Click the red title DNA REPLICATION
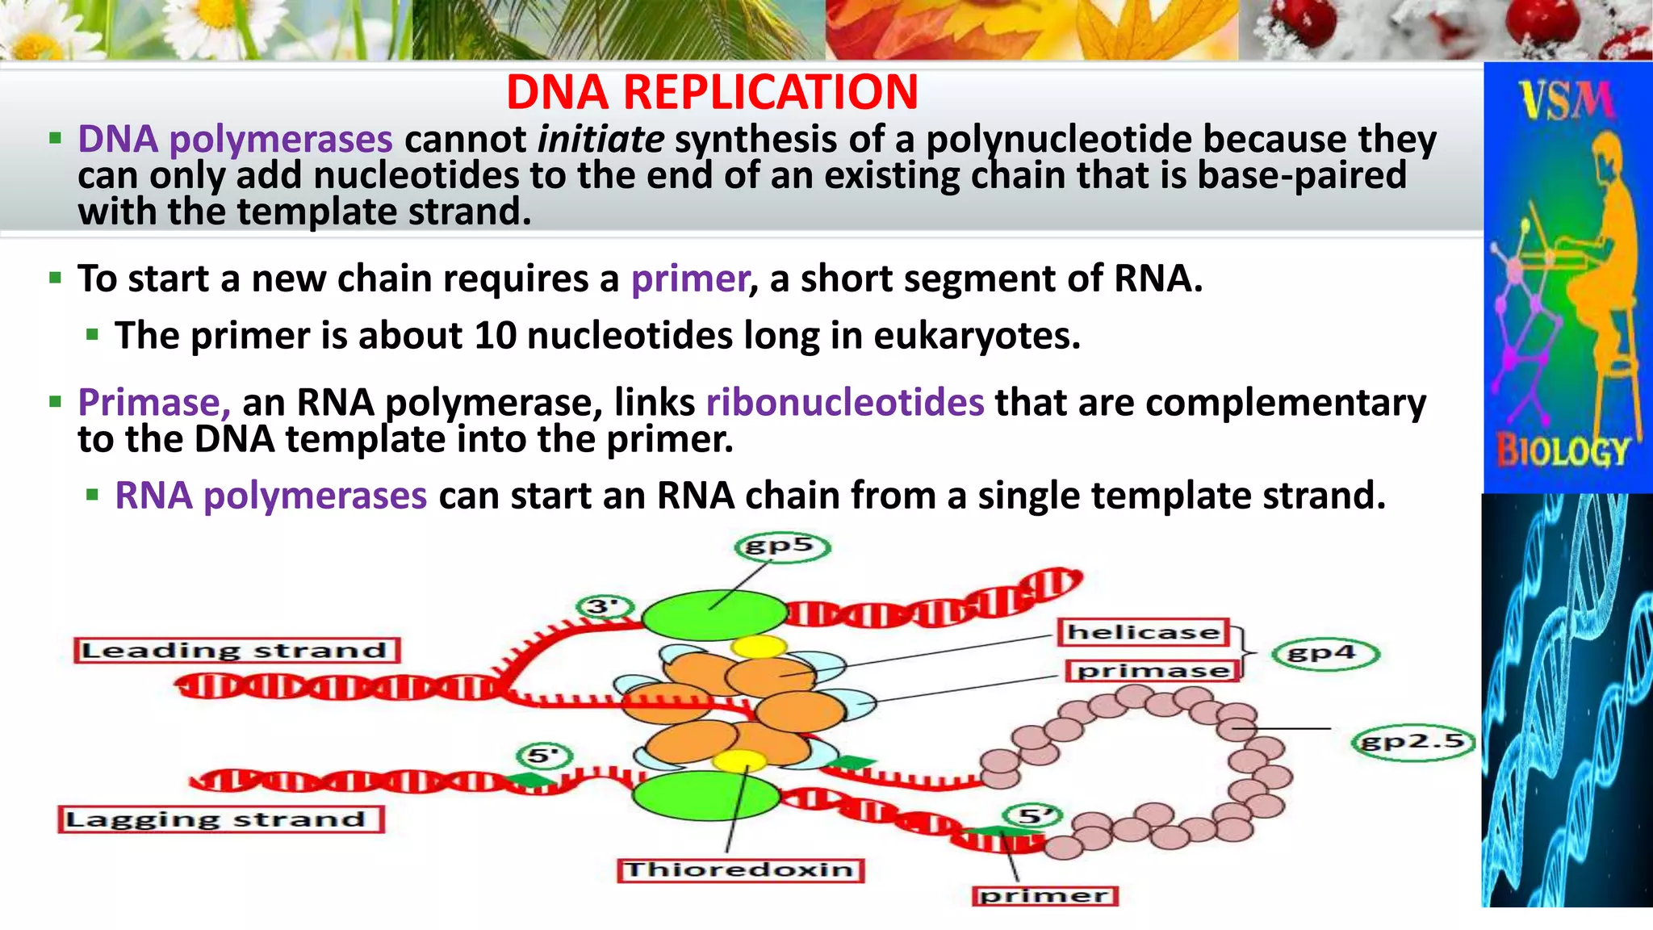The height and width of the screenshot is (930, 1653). point(712,92)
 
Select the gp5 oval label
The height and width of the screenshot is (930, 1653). point(781,547)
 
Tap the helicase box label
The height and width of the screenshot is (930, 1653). point(1143,632)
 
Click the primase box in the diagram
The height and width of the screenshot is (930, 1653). point(1153,671)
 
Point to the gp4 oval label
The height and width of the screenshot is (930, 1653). point(1324,653)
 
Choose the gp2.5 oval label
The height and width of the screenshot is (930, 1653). point(1412,741)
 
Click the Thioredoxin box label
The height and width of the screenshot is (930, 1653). point(740,869)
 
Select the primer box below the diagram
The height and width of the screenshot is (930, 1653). point(1044,895)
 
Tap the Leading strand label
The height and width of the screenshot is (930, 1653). point(236,651)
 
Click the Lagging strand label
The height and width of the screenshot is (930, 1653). point(220,819)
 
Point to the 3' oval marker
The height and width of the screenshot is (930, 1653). point(604,606)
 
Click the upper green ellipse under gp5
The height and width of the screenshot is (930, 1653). point(714,615)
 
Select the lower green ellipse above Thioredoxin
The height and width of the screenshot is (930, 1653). point(705,795)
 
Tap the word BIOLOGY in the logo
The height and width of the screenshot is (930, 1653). point(1563,451)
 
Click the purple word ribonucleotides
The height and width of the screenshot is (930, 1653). point(845,402)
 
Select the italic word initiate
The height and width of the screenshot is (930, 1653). point(601,140)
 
